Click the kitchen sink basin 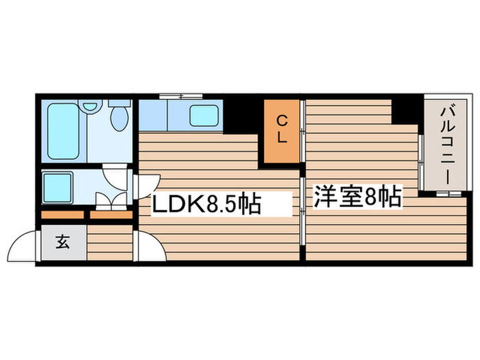[204, 115]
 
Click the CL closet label [283, 128]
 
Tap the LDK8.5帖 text [206, 204]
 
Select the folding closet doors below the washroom [110, 201]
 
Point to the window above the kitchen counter [180, 95]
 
